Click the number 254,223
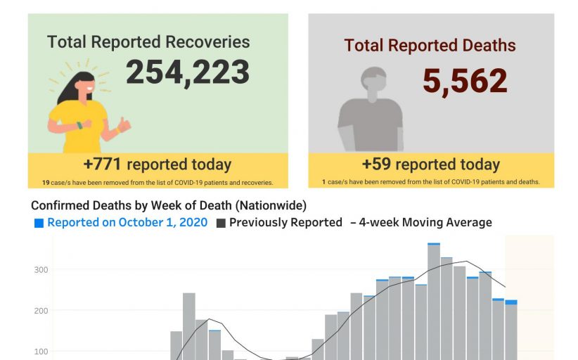point(188,72)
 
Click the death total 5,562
point(465,81)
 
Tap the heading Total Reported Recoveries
point(148,41)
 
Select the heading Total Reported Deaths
point(430,46)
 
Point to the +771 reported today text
point(157,165)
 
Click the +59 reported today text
point(430,165)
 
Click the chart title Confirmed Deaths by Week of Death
point(169,205)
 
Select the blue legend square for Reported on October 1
point(39,223)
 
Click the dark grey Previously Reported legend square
point(221,223)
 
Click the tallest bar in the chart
point(434,302)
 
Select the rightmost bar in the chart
point(511,330)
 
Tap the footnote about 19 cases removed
point(157,182)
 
